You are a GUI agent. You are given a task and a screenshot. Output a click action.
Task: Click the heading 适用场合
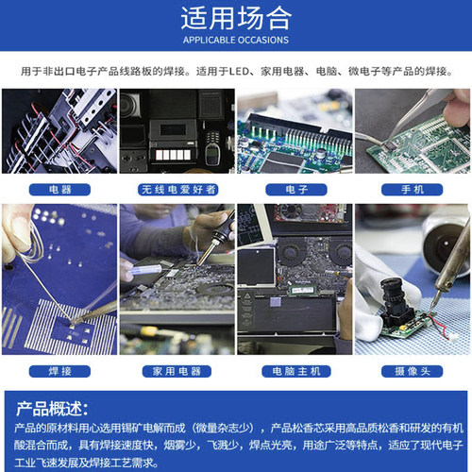(236, 18)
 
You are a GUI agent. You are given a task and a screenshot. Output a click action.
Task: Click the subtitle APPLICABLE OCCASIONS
(236, 41)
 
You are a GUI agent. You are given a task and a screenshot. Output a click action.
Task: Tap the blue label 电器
(59, 190)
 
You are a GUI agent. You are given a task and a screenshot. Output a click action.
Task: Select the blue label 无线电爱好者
(178, 190)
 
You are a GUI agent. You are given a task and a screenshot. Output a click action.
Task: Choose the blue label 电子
(296, 190)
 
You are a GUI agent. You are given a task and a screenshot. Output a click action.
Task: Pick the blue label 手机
(413, 190)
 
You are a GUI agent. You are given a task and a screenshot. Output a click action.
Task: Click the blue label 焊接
(59, 371)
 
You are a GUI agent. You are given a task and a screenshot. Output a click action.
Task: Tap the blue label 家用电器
(177, 371)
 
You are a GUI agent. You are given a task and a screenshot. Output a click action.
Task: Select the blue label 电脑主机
(296, 371)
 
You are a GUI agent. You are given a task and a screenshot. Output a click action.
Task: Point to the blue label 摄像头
(413, 371)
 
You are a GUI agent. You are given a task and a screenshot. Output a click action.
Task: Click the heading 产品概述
(52, 409)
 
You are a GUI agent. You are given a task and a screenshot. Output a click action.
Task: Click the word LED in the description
(239, 72)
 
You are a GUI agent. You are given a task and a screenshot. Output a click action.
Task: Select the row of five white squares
(173, 155)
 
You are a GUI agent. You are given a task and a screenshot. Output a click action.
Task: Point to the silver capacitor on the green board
(321, 154)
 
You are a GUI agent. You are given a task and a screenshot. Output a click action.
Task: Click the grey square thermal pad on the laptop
(277, 302)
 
